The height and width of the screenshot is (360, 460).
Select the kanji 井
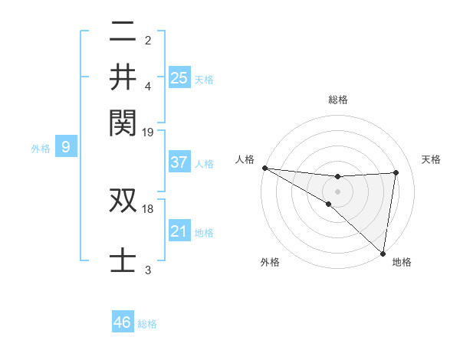pyautogui.click(x=123, y=77)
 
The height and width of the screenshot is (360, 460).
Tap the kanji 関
pyautogui.click(x=123, y=120)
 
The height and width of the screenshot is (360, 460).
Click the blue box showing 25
pyautogui.click(x=179, y=77)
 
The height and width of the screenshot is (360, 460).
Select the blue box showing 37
pyautogui.click(x=179, y=162)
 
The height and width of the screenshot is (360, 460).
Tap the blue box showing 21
pyautogui.click(x=179, y=231)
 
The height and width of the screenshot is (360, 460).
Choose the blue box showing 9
pyautogui.click(x=66, y=148)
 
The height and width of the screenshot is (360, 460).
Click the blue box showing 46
pyautogui.click(x=123, y=322)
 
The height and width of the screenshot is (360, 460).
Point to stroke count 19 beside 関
pyautogui.click(x=148, y=132)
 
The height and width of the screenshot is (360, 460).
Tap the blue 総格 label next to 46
pyautogui.click(x=147, y=324)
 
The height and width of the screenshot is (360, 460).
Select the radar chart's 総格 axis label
pyautogui.click(x=338, y=100)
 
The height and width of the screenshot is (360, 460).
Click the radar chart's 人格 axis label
pyautogui.click(x=245, y=159)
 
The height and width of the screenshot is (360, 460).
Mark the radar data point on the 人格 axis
pyautogui.click(x=264, y=168)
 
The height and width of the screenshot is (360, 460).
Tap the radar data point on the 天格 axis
pyautogui.click(x=396, y=172)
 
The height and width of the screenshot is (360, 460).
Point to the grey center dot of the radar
pyautogui.click(x=337, y=191)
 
